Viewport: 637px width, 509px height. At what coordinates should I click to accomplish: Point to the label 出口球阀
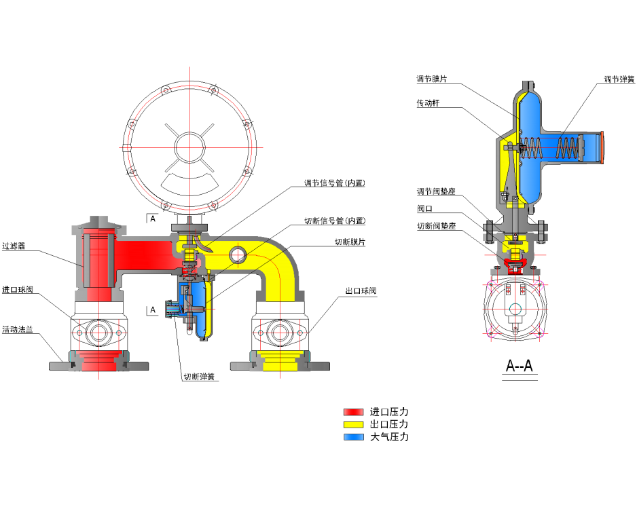[x=361, y=290]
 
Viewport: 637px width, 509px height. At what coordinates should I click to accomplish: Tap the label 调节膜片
[x=431, y=79]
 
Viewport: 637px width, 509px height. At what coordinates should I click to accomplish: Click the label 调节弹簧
[x=619, y=79]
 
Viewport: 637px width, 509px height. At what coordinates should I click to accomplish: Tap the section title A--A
[x=520, y=366]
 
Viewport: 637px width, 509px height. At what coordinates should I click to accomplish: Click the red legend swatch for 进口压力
[x=353, y=412]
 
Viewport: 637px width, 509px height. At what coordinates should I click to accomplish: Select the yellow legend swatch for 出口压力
[x=353, y=424]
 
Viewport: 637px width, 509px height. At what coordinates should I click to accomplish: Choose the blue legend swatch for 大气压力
[x=353, y=436]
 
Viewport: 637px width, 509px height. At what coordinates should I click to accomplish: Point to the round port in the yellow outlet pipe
[x=237, y=255]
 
